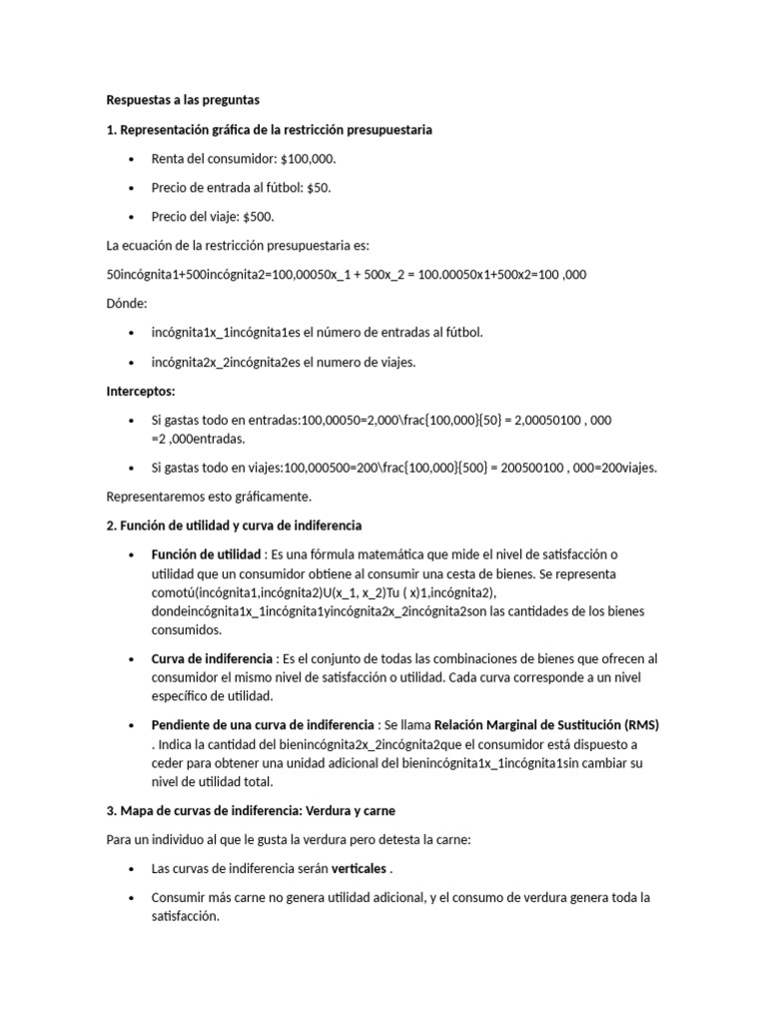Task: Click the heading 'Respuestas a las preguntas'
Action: point(183,100)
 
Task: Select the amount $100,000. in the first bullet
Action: point(310,159)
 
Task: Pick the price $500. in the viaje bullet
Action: point(258,217)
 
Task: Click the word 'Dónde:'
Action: point(127,304)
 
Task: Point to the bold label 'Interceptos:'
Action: point(141,391)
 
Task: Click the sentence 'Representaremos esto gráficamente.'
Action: point(209,497)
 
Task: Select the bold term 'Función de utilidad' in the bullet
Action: point(206,554)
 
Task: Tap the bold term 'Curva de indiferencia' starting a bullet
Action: point(212,659)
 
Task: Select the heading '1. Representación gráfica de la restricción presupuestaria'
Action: point(270,130)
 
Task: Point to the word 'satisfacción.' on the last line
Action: point(185,916)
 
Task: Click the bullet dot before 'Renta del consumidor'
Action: point(132,160)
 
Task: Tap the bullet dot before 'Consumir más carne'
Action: point(132,898)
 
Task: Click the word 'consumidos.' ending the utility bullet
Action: point(186,630)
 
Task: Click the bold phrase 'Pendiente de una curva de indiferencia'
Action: point(263,724)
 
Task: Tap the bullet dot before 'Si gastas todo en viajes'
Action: point(132,468)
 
